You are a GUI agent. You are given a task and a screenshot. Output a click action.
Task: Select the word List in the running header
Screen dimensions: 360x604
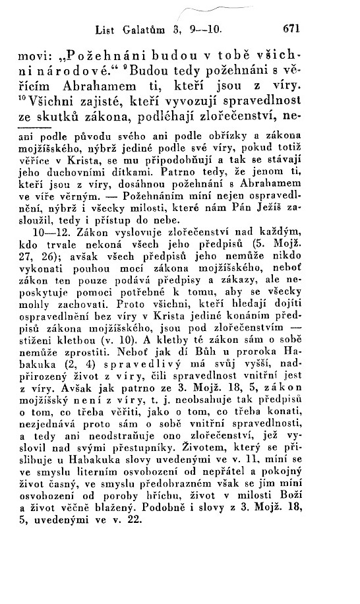[106, 29]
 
